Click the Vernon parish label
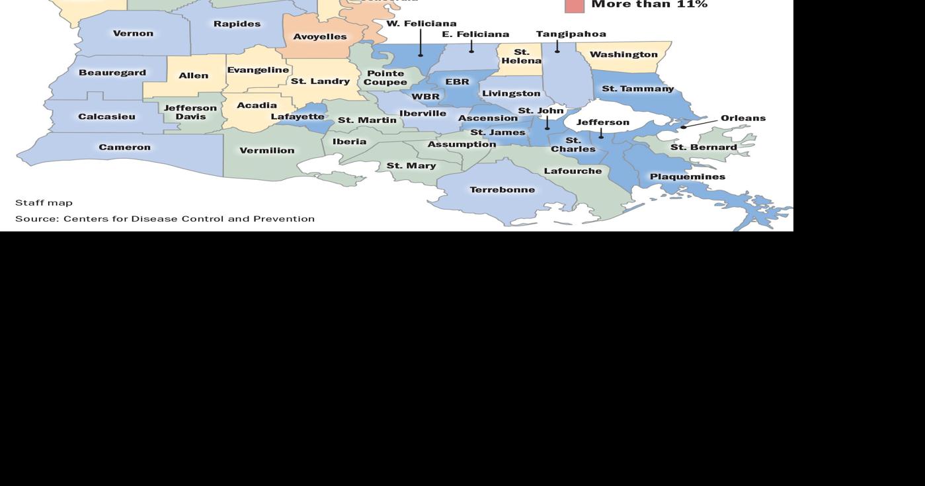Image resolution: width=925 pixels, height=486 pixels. pyautogui.click(x=133, y=34)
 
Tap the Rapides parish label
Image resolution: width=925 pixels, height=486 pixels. pyautogui.click(x=237, y=24)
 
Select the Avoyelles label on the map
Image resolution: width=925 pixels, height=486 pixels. pyautogui.click(x=320, y=37)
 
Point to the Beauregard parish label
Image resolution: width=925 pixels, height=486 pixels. pyautogui.click(x=112, y=73)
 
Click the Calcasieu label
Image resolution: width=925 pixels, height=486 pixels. pyautogui.click(x=106, y=117)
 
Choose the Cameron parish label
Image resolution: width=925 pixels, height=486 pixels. pyautogui.click(x=124, y=147)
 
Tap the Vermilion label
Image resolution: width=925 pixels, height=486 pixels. pyautogui.click(x=267, y=151)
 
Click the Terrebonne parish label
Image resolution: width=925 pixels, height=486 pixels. pyautogui.click(x=503, y=190)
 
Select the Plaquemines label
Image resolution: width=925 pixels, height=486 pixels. pyautogui.click(x=688, y=177)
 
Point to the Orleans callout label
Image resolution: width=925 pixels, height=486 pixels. pyautogui.click(x=743, y=118)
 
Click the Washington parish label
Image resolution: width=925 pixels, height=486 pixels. pyautogui.click(x=623, y=54)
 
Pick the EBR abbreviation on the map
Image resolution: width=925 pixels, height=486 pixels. pyautogui.click(x=457, y=82)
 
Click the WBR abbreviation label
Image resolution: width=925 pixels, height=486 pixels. pyautogui.click(x=425, y=97)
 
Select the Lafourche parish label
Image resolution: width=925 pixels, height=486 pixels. pyautogui.click(x=573, y=171)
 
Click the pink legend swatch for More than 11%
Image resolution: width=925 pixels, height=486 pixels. pyautogui.click(x=575, y=5)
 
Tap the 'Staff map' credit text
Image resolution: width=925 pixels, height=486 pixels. pyautogui.click(x=44, y=203)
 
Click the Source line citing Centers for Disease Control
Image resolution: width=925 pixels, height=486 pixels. pyautogui.click(x=165, y=219)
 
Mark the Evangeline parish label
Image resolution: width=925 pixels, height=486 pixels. pyautogui.click(x=258, y=70)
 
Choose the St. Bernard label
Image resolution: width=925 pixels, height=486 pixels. pyautogui.click(x=704, y=147)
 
